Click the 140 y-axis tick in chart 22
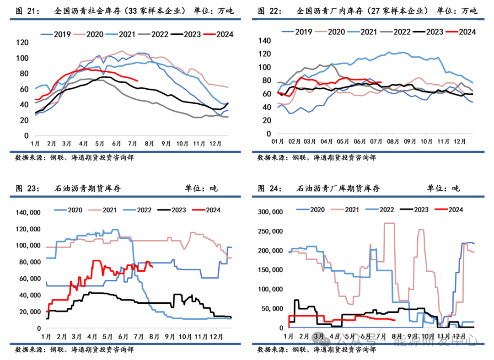(265, 40)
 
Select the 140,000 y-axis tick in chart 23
(28, 213)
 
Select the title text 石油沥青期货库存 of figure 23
(87, 188)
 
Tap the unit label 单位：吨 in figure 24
(443, 188)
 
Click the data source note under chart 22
(317, 157)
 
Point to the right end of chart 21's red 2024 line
(138, 81)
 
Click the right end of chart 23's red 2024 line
(152, 267)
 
